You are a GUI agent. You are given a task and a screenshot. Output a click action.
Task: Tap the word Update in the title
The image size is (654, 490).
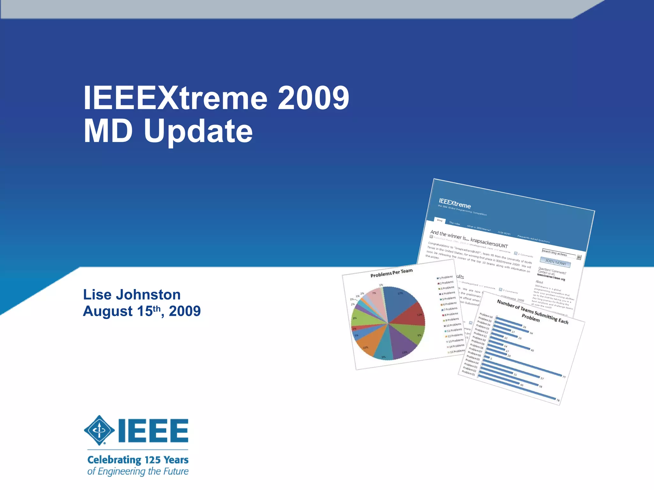(x=198, y=131)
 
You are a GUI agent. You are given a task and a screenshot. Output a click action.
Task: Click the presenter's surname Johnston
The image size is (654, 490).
(x=148, y=294)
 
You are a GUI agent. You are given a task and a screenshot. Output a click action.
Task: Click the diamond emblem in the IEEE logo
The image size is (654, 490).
(x=99, y=430)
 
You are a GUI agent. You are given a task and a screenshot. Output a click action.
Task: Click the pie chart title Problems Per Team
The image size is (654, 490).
(x=392, y=273)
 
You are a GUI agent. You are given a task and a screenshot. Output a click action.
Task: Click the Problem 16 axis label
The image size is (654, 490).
(x=486, y=316)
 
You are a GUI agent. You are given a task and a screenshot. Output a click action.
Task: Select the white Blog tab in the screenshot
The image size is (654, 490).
(x=440, y=220)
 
